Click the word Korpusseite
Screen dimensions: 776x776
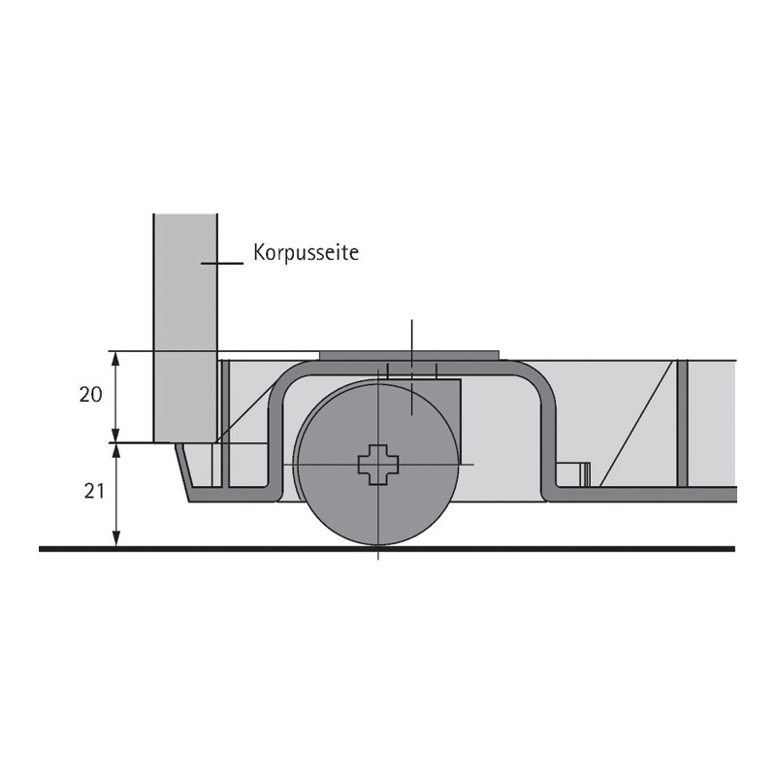point(306,252)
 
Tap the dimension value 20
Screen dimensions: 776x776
point(90,395)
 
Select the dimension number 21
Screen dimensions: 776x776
point(94,491)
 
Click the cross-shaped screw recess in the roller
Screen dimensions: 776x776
point(378,465)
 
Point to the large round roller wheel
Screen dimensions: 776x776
point(377,464)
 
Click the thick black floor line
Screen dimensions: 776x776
point(387,548)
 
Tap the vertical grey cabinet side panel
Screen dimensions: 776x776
point(185,328)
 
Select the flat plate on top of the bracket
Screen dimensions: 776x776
point(409,356)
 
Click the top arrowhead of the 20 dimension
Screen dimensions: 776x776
point(115,358)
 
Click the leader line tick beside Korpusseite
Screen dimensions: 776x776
point(222,263)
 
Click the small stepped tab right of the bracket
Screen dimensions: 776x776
point(573,474)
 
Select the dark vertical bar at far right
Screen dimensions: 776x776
point(683,424)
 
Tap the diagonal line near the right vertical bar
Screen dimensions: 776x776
point(636,424)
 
